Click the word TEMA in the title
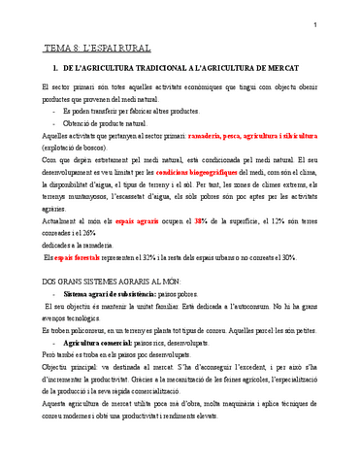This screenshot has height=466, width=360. point(58,48)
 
